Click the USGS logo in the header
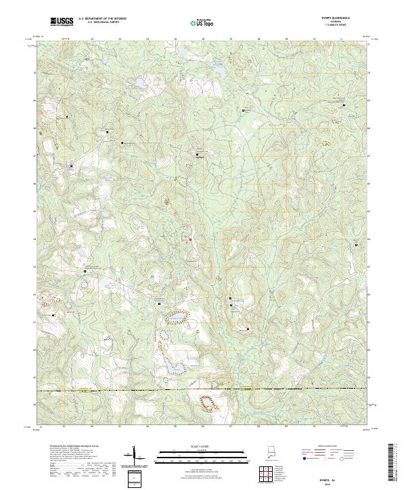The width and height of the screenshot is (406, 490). click(x=62, y=21)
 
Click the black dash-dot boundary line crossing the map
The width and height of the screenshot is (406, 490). click(x=203, y=390)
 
